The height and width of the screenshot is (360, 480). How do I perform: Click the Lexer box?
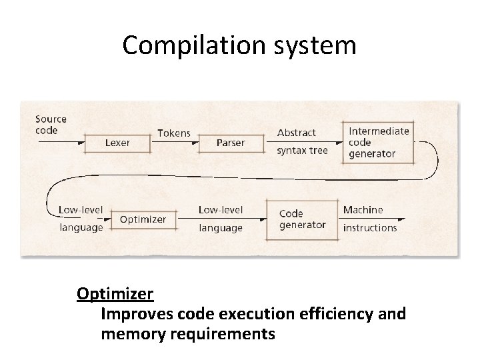[x=117, y=143]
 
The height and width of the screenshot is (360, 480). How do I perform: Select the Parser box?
[x=230, y=143]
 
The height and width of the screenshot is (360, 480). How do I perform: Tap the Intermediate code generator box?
[x=378, y=142]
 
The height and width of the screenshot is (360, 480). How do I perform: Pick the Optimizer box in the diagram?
[x=143, y=219]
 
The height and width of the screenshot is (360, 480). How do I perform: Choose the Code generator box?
[x=301, y=219]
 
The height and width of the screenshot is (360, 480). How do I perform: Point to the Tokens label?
[x=173, y=133]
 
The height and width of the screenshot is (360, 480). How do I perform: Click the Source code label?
[x=51, y=125]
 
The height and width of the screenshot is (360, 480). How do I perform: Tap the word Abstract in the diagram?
[x=296, y=133]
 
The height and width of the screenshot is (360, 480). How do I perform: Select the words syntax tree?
[x=302, y=151]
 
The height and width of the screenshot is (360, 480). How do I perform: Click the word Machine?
[x=363, y=210]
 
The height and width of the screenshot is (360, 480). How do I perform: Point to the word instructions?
[x=369, y=228]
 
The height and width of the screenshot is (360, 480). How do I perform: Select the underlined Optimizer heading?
[x=115, y=293]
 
